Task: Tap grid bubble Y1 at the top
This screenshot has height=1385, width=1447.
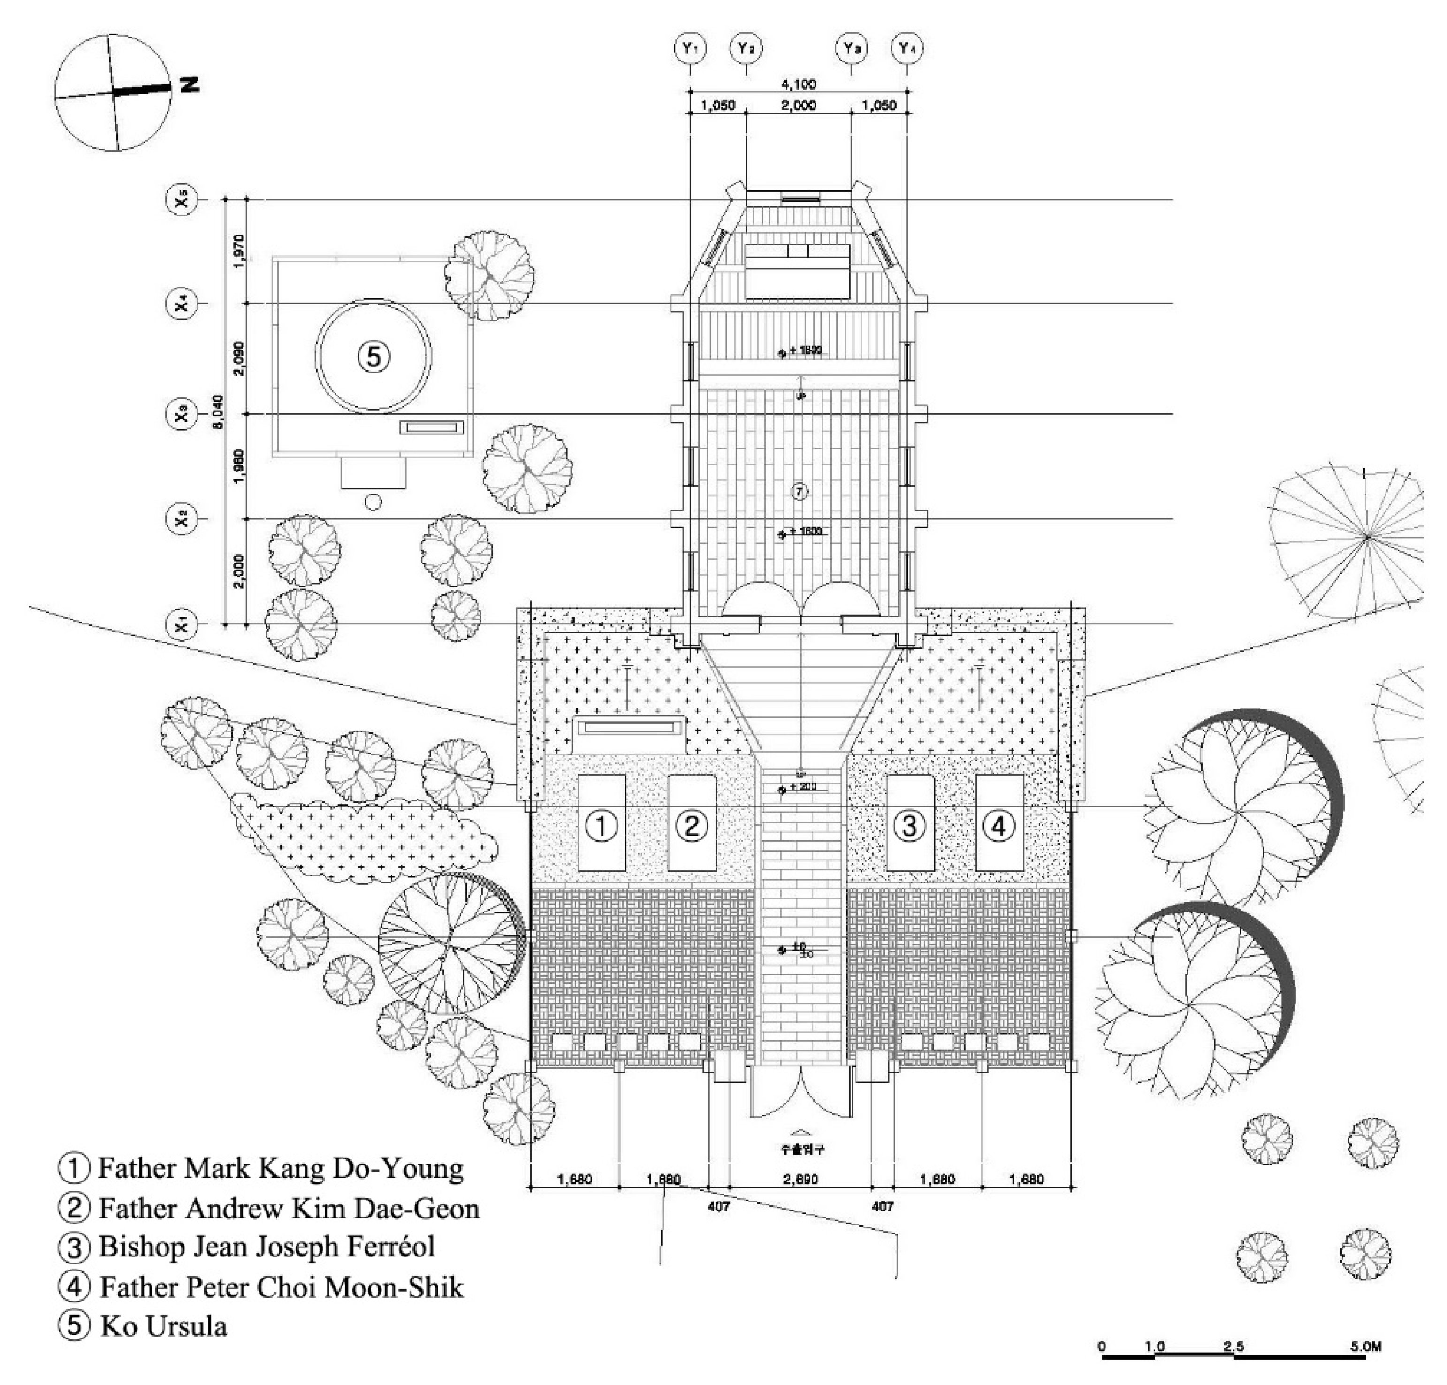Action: click(690, 49)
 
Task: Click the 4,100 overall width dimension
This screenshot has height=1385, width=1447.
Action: click(798, 85)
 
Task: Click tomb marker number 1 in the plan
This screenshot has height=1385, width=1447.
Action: click(601, 825)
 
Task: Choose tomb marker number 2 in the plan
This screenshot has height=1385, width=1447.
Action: click(691, 825)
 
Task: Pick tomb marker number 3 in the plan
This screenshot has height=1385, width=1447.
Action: click(909, 825)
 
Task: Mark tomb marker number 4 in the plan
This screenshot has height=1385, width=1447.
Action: click(998, 825)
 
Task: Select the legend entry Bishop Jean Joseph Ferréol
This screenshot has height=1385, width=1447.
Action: click(266, 1246)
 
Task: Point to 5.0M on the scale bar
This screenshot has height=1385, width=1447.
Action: click(1364, 1346)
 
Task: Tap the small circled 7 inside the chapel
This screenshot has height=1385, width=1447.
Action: click(800, 491)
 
